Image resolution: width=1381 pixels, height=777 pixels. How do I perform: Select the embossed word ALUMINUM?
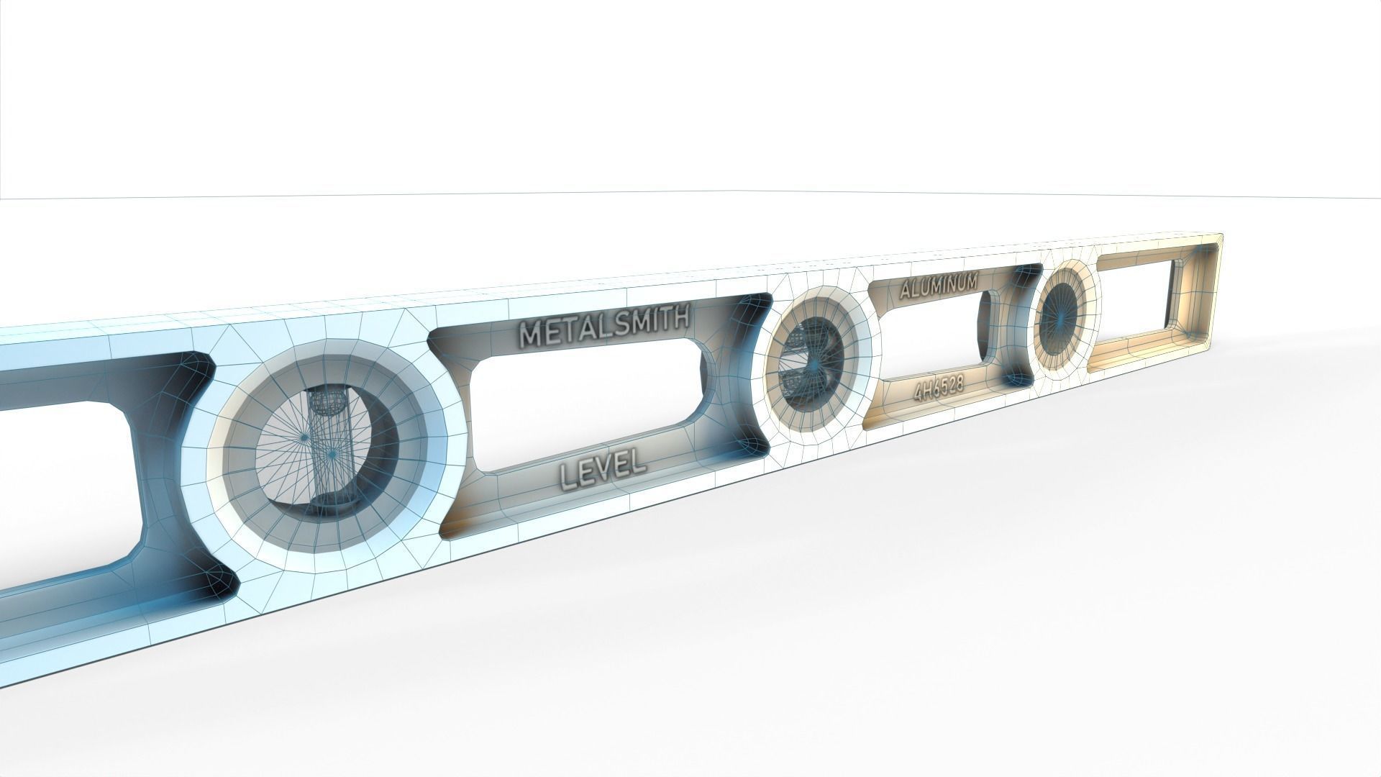click(x=938, y=283)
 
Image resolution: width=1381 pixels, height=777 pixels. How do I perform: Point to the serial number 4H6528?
click(x=938, y=389)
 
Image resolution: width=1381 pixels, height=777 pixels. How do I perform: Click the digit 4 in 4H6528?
click(x=919, y=393)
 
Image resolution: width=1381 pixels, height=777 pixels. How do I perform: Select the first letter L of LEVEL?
click(x=568, y=475)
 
